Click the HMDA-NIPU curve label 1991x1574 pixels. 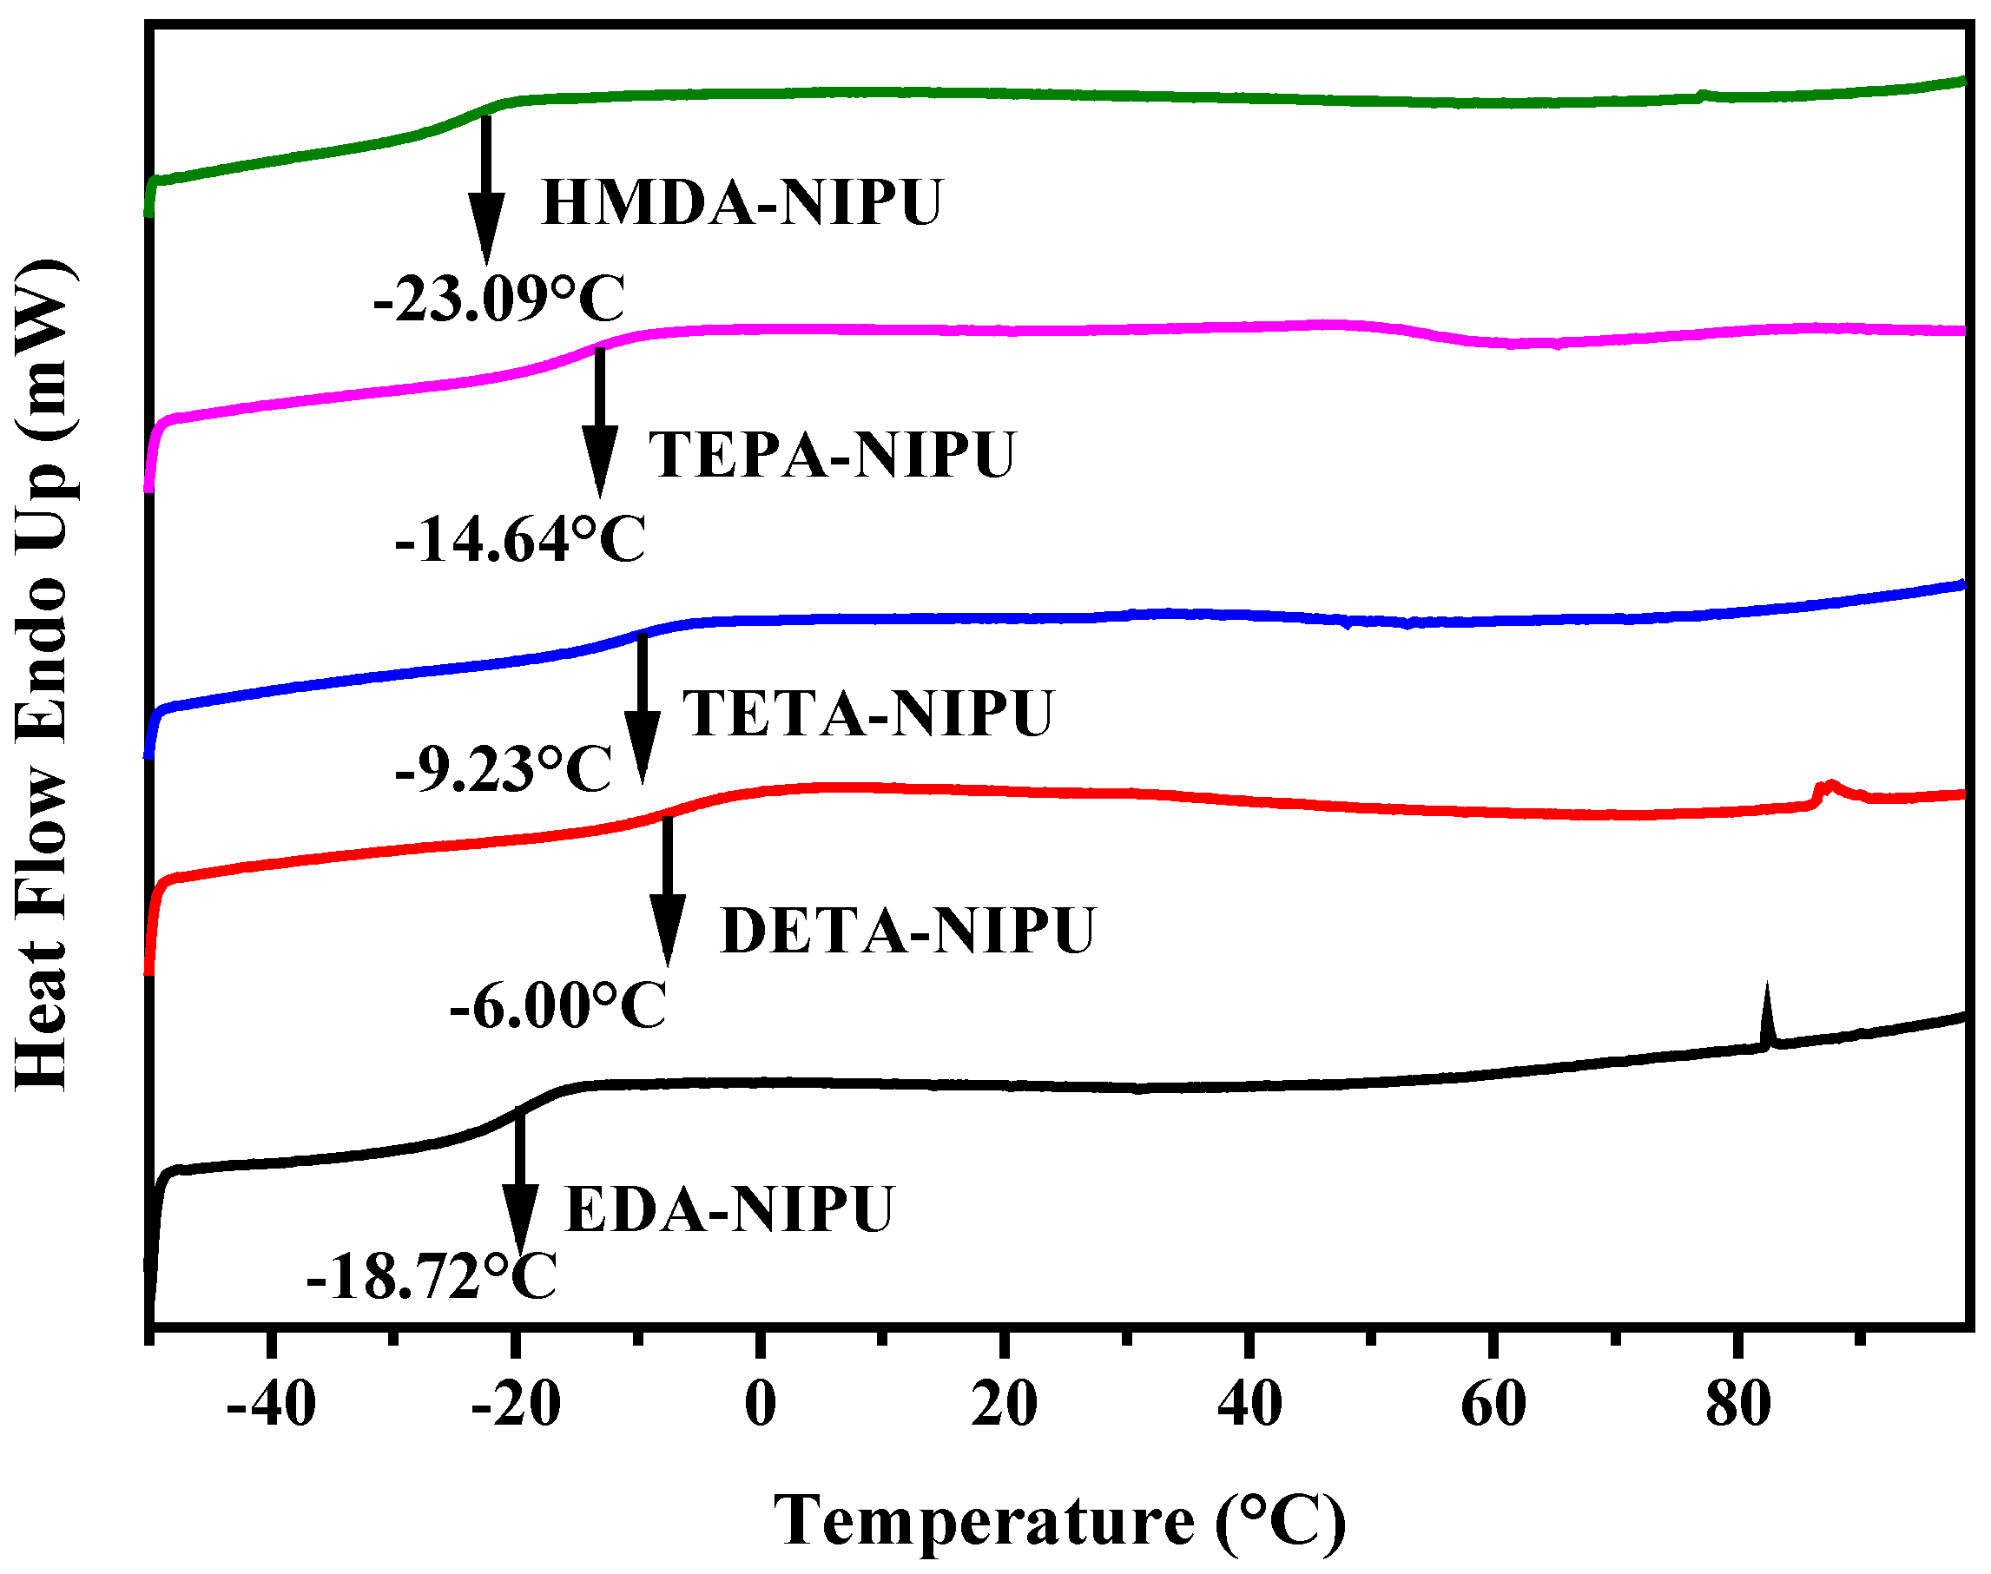pos(742,203)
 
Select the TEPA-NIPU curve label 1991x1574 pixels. pos(832,454)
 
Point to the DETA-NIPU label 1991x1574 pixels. pos(907,931)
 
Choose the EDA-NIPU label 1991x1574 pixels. pos(728,1210)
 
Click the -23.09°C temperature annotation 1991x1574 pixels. pos(498,300)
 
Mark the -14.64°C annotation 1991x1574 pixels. pos(520,540)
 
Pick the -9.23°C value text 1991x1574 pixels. pos(504,769)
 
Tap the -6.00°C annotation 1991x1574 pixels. pos(557,1005)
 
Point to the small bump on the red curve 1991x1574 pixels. pos(1829,788)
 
